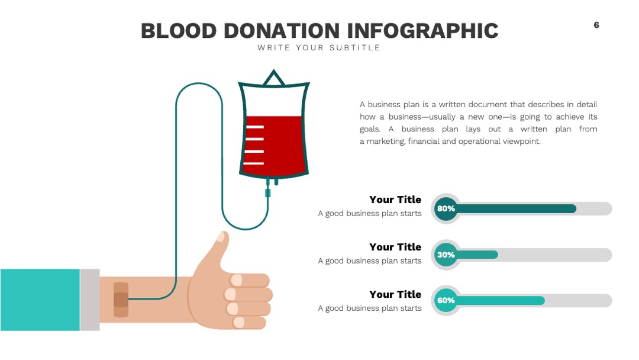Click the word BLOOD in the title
coord(179,31)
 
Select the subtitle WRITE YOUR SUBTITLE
coord(319,48)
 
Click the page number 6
coord(596,25)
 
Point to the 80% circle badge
coord(446,209)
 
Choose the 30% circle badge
coord(446,255)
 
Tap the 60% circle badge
coord(446,300)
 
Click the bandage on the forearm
coord(121,300)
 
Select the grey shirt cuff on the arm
coord(90,300)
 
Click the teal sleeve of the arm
coord(40,300)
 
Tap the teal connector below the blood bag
coord(268,192)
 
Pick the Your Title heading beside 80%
coord(395,200)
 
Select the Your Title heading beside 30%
coord(395,247)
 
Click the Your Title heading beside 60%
coord(395,294)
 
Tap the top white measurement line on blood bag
coord(254,127)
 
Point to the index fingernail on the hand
coord(236,280)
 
